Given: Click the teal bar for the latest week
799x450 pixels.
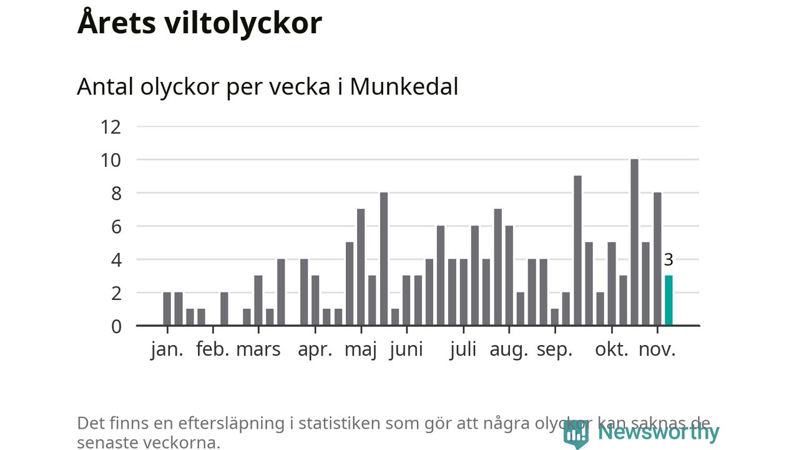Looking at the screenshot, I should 669,301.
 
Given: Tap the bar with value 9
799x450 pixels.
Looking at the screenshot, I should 577,251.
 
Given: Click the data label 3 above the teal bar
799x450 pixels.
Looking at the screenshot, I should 669,260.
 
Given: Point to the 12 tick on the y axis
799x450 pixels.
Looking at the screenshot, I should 110,127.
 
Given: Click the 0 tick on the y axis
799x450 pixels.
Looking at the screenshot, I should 116,326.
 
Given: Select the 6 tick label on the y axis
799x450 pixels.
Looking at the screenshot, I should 116,226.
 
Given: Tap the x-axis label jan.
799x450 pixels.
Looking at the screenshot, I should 167,349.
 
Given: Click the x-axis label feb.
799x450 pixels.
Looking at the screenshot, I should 213,349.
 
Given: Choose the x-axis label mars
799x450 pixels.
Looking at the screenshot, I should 258,349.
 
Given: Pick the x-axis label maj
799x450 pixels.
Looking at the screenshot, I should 361,349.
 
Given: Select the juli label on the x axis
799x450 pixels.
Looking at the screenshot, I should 463,349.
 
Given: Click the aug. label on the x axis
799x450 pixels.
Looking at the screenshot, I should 509,349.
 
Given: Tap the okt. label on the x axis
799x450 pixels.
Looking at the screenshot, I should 612,349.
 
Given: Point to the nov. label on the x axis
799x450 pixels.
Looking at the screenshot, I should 657,349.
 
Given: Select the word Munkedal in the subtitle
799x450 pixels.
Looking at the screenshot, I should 404,87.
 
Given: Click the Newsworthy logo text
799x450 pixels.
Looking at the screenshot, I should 658,432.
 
